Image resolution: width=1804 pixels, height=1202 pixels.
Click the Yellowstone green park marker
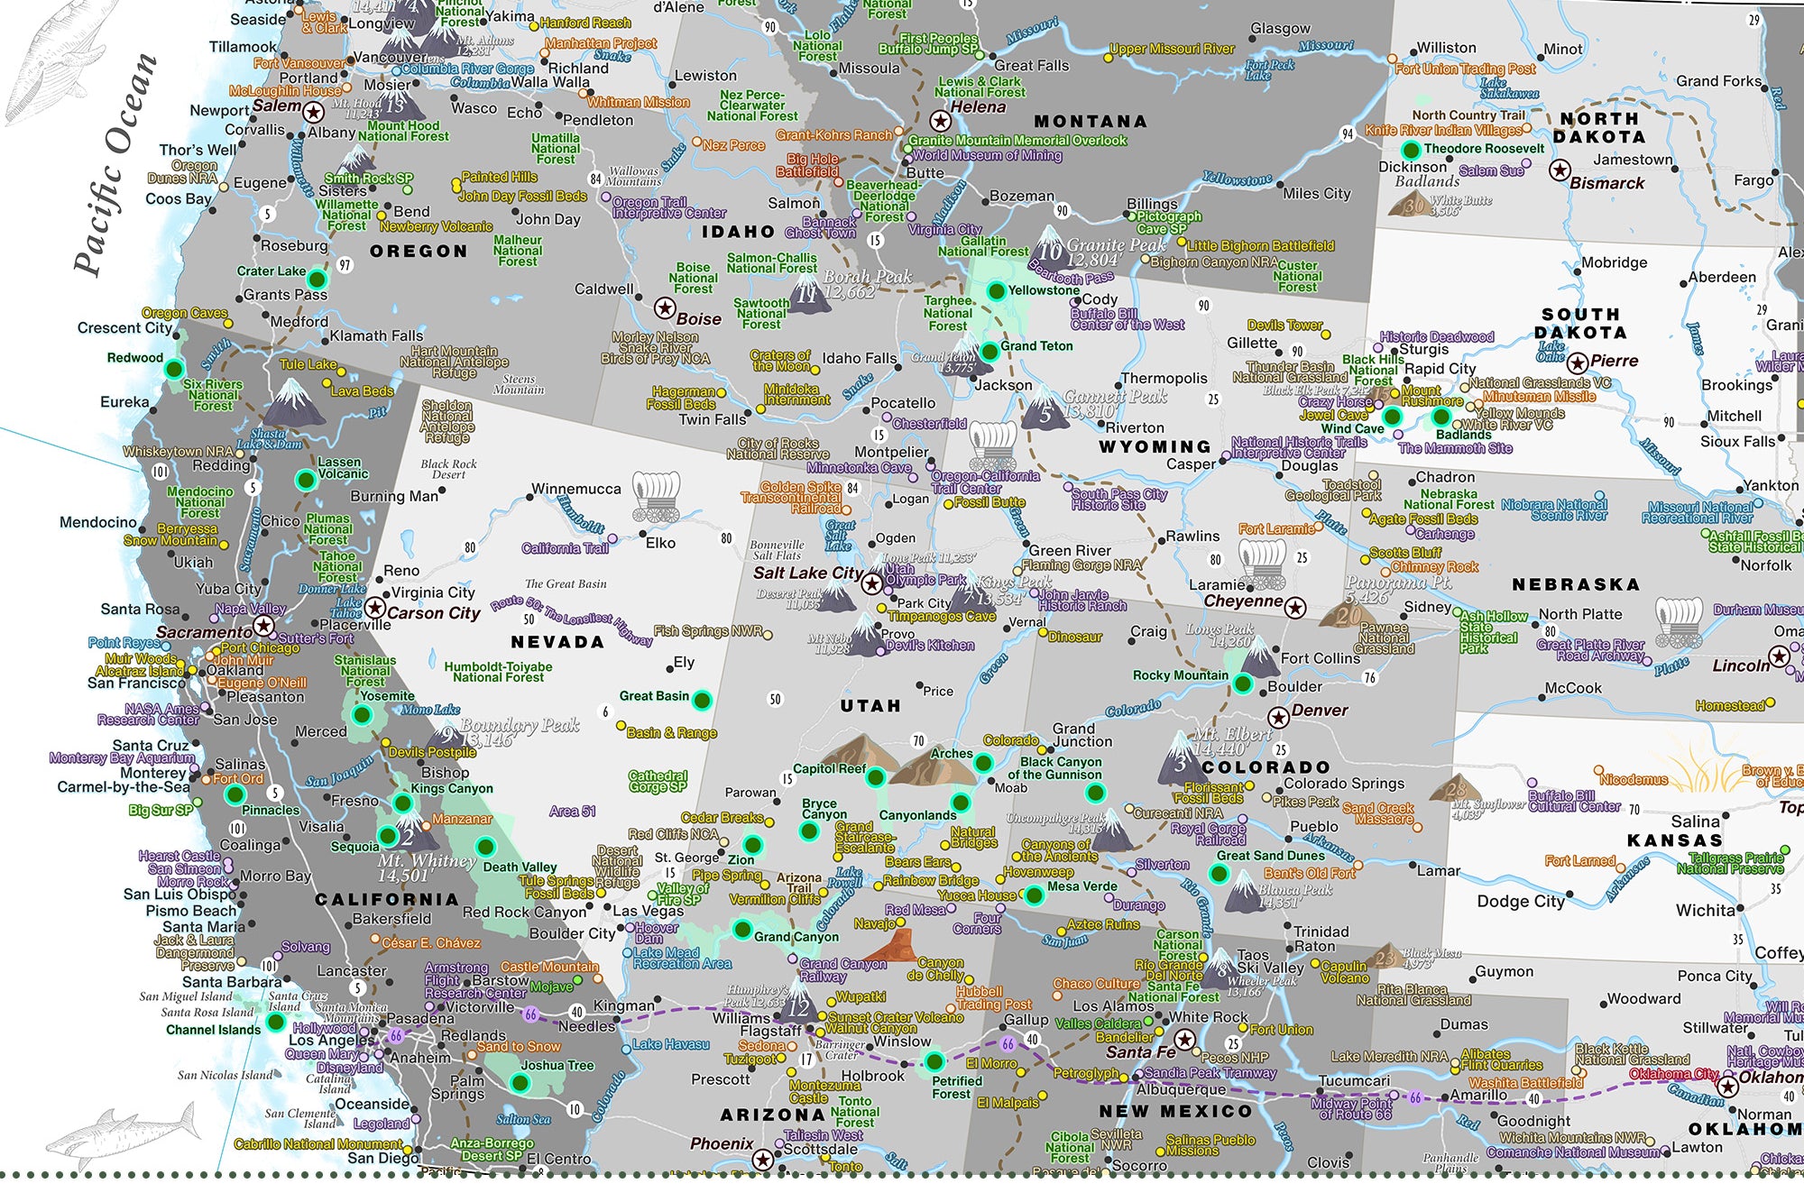(996, 290)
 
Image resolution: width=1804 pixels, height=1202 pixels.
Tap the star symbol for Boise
(665, 308)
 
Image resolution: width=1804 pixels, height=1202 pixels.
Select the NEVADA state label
(557, 642)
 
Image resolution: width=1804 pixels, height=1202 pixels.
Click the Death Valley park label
(520, 867)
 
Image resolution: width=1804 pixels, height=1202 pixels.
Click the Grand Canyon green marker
(742, 929)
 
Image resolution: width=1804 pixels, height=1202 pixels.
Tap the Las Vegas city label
(649, 911)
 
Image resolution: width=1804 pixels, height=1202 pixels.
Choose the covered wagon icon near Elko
(656, 496)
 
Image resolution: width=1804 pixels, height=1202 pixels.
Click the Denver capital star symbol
(1278, 718)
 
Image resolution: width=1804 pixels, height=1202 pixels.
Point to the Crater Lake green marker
(317, 278)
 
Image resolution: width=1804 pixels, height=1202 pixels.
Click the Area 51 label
(572, 811)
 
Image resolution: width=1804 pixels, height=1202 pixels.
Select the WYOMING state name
(1155, 446)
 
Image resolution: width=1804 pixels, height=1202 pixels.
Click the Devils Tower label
(1284, 325)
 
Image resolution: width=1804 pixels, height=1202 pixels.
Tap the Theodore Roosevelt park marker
(1411, 150)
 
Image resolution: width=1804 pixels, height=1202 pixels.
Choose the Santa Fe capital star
(1185, 1040)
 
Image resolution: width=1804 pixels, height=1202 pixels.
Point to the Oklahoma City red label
(1674, 1074)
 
